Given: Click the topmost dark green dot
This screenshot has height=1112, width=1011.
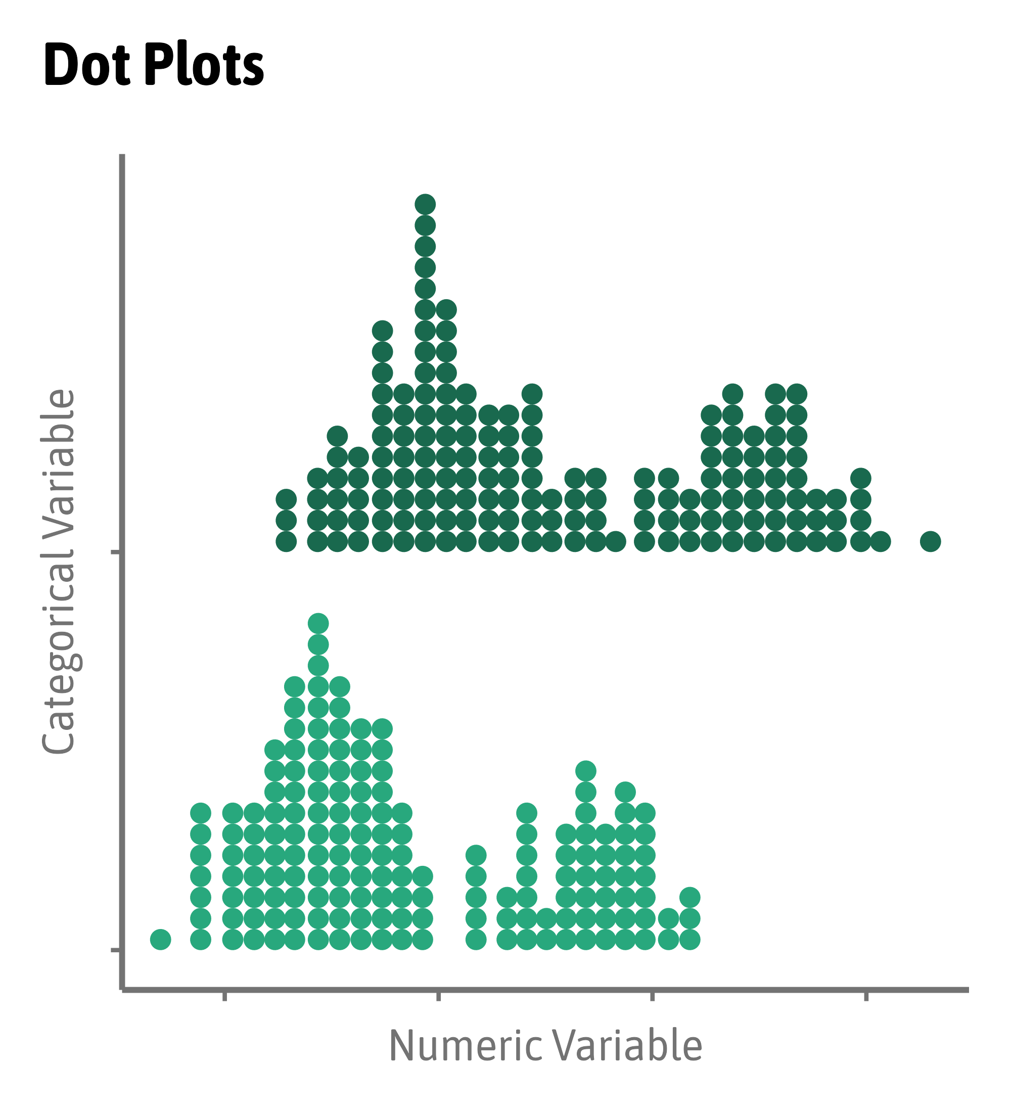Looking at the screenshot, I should (425, 204).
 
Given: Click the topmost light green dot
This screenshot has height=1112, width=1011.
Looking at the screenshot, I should (318, 624).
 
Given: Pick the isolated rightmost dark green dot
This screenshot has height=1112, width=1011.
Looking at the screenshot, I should (931, 542).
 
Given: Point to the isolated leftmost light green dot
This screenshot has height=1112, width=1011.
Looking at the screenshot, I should (161, 939).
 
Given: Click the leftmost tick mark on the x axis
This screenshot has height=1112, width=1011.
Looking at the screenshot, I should (224, 996).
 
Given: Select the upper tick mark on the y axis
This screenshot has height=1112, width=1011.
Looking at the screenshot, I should (115, 551).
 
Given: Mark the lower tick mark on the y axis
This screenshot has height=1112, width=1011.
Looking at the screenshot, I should (115, 950).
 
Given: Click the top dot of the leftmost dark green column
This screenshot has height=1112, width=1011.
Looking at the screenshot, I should (286, 500).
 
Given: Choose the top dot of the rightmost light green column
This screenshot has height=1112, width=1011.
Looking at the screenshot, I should (690, 897).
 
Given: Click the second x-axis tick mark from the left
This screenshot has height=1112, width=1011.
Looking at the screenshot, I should (438, 996).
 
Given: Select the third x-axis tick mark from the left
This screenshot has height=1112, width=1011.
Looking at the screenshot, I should (653, 996).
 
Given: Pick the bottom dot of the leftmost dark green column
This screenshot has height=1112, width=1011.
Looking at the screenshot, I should (286, 542).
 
